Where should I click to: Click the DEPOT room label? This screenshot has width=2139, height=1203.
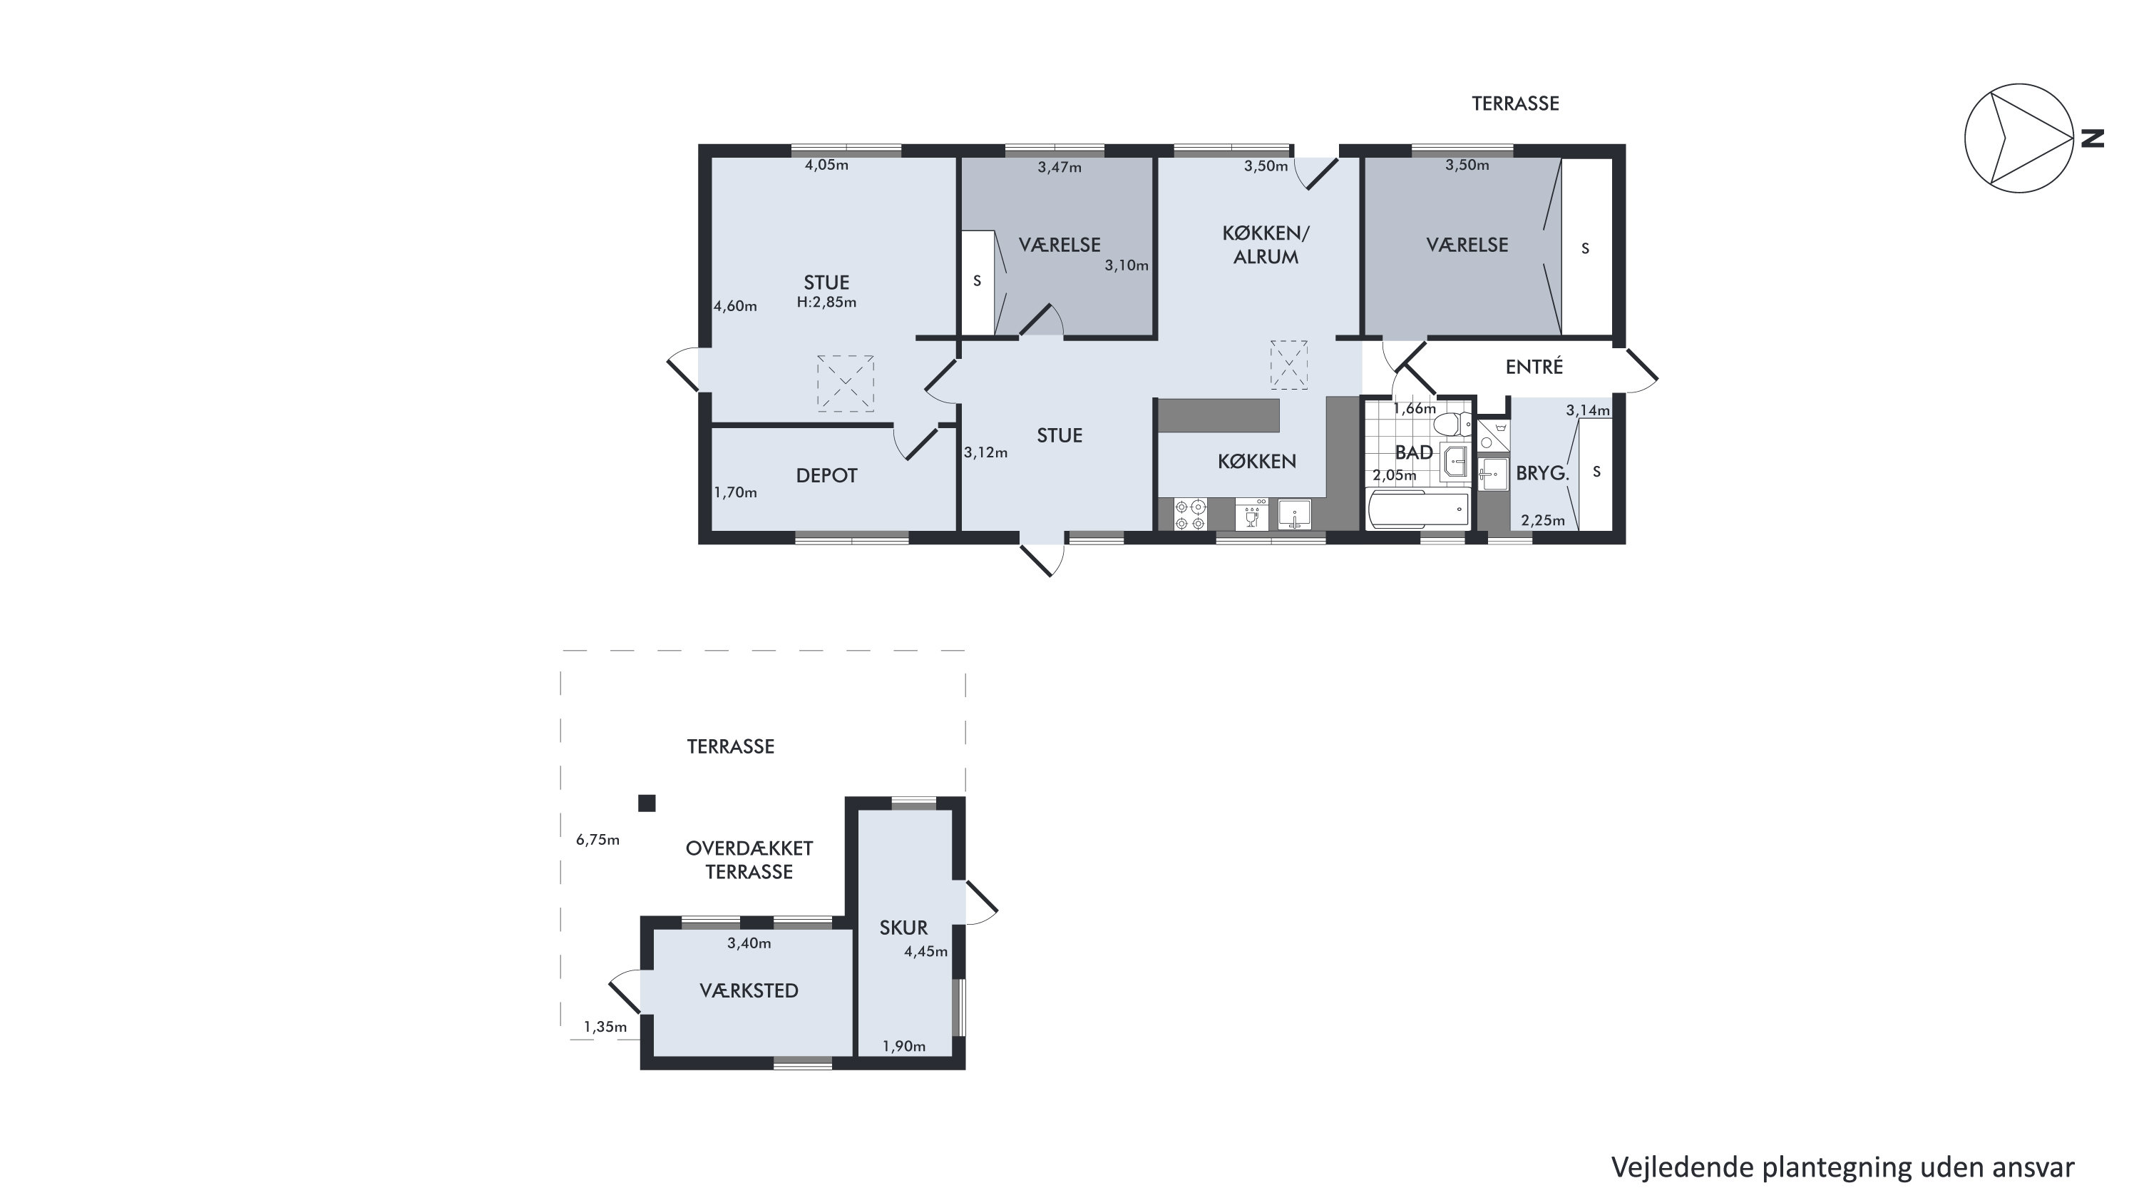(x=826, y=475)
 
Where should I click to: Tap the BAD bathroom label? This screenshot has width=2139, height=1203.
(x=1413, y=453)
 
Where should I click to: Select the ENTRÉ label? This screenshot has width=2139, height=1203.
(x=1534, y=366)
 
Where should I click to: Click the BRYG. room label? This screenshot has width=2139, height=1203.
(x=1542, y=474)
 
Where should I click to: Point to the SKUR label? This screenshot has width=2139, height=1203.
(x=903, y=927)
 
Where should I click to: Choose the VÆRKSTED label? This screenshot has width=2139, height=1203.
(x=749, y=990)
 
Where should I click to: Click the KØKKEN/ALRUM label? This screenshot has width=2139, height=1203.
(x=1266, y=245)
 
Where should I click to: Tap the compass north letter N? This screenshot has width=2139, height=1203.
(x=2093, y=138)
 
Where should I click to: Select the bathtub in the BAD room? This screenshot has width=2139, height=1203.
(x=1417, y=509)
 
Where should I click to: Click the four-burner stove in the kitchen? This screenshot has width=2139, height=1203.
(x=1190, y=514)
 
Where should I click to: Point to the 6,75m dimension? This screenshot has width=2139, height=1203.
(x=598, y=840)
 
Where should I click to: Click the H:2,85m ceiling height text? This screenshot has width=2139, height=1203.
(x=826, y=303)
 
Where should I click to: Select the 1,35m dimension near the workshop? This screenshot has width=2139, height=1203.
(x=605, y=1027)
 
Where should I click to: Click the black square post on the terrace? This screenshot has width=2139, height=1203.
(x=647, y=803)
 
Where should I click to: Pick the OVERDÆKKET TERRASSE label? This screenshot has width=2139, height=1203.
(x=749, y=860)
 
